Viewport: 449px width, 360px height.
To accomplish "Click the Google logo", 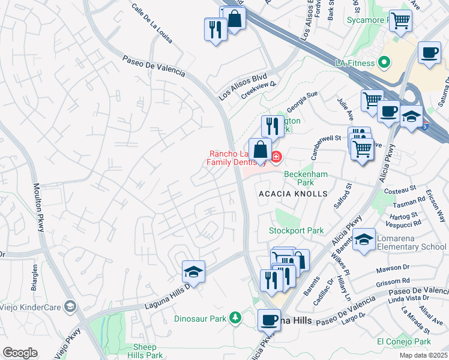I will (20, 353).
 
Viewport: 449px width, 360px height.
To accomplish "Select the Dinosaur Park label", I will (200, 318).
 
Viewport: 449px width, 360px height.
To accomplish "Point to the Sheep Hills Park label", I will (145, 351).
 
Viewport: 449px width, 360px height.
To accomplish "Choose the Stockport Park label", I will (296, 230).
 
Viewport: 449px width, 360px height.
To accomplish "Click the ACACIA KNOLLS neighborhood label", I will (292, 194).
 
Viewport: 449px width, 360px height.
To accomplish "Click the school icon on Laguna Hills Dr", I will (194, 272).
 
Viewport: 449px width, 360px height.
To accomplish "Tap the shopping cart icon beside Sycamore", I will (400, 21).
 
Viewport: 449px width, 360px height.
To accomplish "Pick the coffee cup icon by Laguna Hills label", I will (270, 319).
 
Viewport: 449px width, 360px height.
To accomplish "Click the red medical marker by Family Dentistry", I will (276, 157).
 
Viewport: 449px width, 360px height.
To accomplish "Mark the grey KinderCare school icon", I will (70, 307).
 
